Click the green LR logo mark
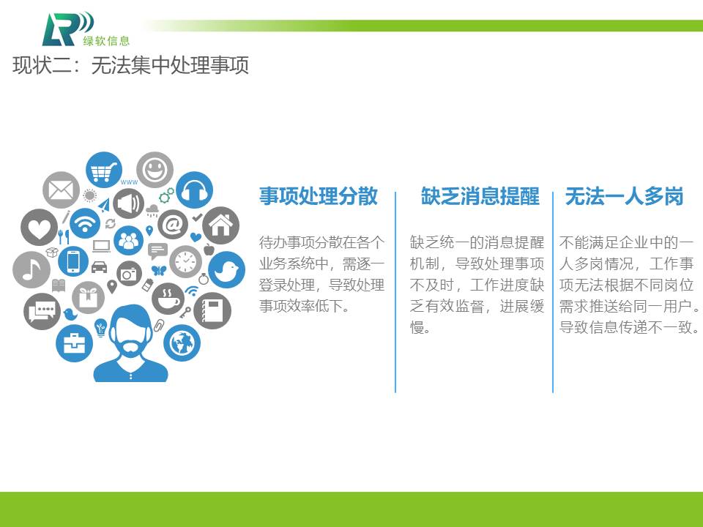pos(67,29)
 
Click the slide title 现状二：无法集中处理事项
pos(130,65)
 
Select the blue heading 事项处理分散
pos(319,196)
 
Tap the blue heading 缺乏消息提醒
pos(480,196)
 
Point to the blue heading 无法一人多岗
pos(624,196)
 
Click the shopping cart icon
pos(104,170)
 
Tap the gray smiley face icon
pos(155,170)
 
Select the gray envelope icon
pos(61,190)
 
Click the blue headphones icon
pos(194,190)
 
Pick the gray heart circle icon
pos(40,227)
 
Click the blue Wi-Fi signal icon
pos(85,223)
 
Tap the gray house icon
pos(220,225)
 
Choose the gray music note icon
pos(31,270)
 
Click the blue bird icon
pos(226,270)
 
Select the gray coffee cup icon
pos(168,299)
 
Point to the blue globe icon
pos(182,343)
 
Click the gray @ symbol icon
pos(173,225)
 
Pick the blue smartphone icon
pos(73,261)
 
